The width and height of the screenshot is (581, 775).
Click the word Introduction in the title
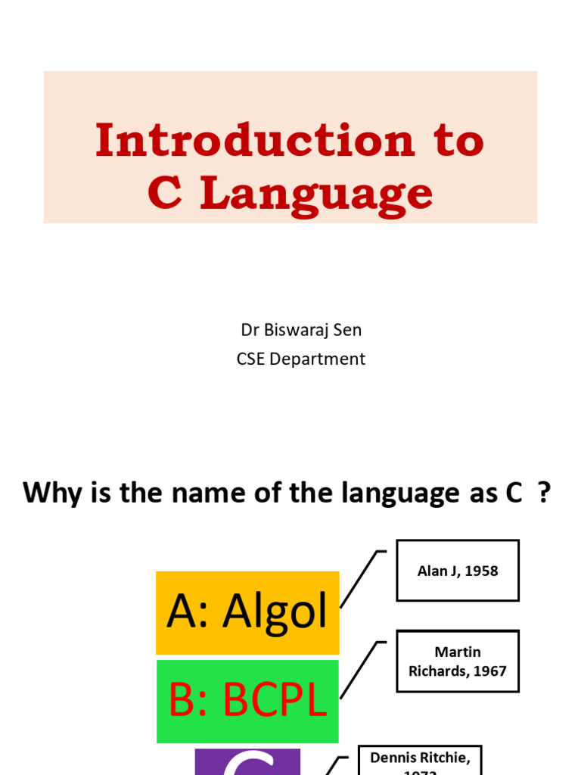coord(255,141)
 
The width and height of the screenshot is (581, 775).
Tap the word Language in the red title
coord(317,194)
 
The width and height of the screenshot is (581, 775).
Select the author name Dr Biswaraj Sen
coord(301,330)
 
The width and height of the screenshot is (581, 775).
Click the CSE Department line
coord(301,359)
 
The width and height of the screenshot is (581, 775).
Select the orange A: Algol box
coord(247,612)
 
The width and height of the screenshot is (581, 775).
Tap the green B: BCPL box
coord(247,702)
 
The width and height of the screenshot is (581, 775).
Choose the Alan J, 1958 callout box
coord(458,571)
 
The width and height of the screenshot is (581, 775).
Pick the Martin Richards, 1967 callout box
coord(458,661)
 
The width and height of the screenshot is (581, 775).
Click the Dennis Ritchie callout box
coord(420,760)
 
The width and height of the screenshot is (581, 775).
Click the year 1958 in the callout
coord(482,571)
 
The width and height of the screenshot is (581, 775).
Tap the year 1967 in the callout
coord(488,671)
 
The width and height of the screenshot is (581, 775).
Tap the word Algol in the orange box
coord(275,612)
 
